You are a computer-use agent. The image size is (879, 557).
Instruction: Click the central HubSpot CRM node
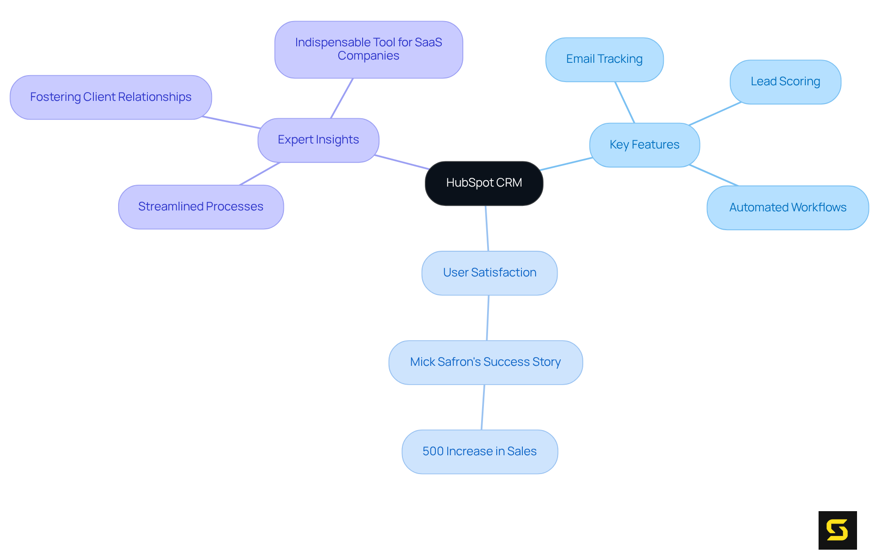click(484, 183)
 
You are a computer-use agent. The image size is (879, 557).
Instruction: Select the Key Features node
click(644, 145)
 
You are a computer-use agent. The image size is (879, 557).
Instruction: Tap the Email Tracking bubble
click(604, 59)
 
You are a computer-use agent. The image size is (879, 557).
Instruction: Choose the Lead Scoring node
click(785, 82)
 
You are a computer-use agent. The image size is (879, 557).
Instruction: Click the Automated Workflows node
click(787, 207)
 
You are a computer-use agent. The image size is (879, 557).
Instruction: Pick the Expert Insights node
click(318, 140)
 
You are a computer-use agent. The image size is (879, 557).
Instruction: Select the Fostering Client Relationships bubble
click(110, 97)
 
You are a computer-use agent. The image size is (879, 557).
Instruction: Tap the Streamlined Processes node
click(201, 207)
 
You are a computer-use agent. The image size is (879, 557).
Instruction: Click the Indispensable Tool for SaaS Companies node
click(369, 49)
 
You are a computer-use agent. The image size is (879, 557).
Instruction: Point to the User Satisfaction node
click(489, 273)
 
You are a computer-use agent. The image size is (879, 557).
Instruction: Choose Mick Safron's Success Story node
click(485, 362)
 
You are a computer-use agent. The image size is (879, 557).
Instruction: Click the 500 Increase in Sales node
click(479, 452)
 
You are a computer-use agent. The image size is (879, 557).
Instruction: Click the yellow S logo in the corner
click(837, 530)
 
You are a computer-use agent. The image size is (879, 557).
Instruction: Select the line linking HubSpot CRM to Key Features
click(566, 164)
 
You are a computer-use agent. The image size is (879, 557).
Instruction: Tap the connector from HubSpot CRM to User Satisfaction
click(487, 228)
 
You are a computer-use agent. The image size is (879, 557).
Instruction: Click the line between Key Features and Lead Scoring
click(715, 114)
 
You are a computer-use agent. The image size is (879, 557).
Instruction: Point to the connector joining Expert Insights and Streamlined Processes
click(260, 174)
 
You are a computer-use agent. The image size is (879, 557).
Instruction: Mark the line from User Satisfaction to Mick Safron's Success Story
click(488, 318)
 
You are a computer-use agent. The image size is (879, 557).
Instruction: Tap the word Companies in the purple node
click(369, 56)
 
